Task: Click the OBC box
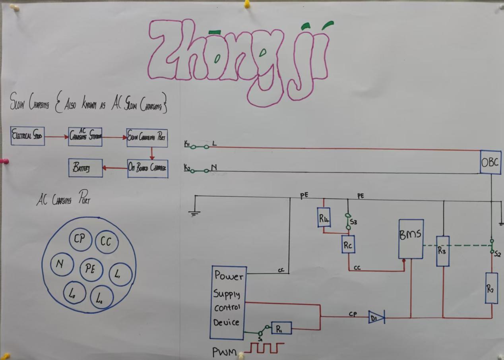point(490,162)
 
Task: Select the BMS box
point(411,238)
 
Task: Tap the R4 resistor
point(324,218)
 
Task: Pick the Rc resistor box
point(348,244)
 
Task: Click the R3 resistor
point(443,251)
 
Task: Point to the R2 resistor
point(491,288)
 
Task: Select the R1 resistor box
point(281,328)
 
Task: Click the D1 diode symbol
point(376,317)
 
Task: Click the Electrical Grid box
point(27,136)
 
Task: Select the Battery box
point(85,168)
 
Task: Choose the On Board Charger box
point(147,168)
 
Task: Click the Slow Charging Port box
point(147,137)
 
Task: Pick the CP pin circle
point(80,240)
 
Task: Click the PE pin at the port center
point(91,269)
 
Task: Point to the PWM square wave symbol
point(264,348)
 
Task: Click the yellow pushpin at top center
point(247,4)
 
